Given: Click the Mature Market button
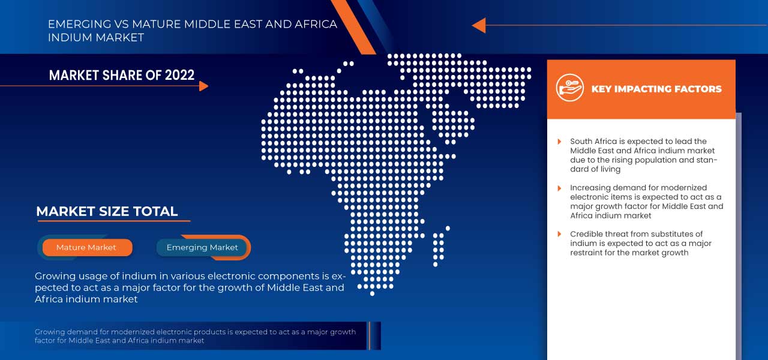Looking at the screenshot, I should coord(86,247).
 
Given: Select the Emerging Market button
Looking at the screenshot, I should coord(202,247).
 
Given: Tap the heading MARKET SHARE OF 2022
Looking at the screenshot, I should coord(122,75).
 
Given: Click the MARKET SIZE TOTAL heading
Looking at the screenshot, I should coord(107,211).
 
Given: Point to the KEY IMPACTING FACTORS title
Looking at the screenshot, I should coord(656,89).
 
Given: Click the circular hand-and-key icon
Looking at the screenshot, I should coord(569,88).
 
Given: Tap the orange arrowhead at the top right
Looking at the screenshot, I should coord(479,25).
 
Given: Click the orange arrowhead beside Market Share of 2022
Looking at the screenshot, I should coord(203,86).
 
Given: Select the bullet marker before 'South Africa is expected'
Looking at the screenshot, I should coord(560,142).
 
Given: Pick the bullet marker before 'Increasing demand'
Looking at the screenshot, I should coord(560,188).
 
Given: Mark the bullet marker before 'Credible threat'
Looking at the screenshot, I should coord(560,234).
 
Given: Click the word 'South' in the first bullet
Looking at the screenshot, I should coord(582,142).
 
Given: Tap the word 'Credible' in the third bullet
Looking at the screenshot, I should coord(587,234).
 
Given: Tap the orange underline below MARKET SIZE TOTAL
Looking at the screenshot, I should coord(114,221).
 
